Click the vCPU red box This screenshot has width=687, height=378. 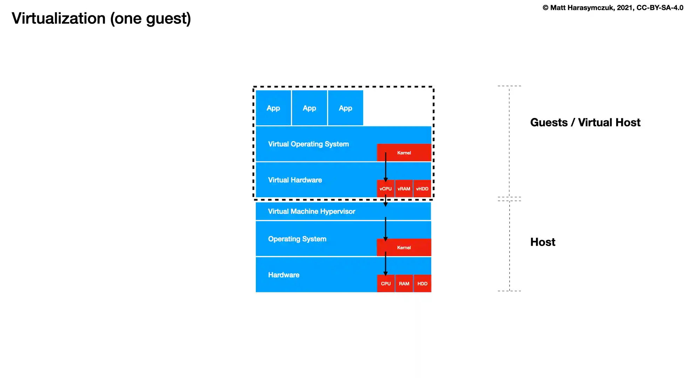(386, 189)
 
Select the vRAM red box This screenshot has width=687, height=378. (404, 189)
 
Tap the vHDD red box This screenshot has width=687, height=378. (422, 189)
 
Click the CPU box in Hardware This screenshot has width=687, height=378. (386, 283)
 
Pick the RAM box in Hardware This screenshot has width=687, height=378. (404, 283)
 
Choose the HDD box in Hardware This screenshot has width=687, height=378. (422, 283)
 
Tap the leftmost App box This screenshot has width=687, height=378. (273, 108)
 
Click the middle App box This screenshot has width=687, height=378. (310, 108)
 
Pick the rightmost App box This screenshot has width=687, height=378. (346, 108)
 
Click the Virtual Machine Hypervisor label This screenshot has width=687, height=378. (312, 211)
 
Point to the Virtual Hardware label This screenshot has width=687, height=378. (295, 180)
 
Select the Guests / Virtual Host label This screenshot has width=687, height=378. (585, 122)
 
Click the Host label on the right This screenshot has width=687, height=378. (543, 242)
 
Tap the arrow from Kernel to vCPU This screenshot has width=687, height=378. (386, 167)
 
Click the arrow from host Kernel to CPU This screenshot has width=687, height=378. (386, 263)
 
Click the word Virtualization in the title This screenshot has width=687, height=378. (59, 18)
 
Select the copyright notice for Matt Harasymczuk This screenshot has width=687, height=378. (613, 8)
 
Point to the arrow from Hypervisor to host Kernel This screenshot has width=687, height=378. (386, 228)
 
